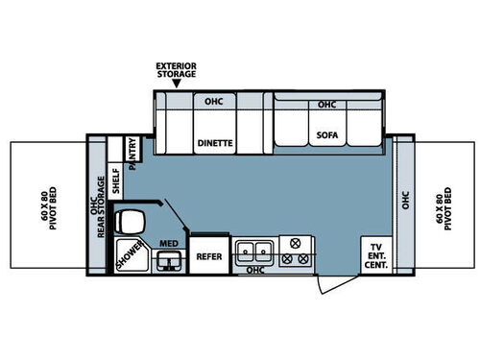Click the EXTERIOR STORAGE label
click(x=177, y=70)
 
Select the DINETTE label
click(x=215, y=143)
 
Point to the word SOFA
click(x=326, y=135)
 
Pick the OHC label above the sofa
click(x=326, y=104)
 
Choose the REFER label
click(x=209, y=256)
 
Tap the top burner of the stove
click(x=296, y=243)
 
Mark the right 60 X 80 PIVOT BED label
click(x=441, y=208)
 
